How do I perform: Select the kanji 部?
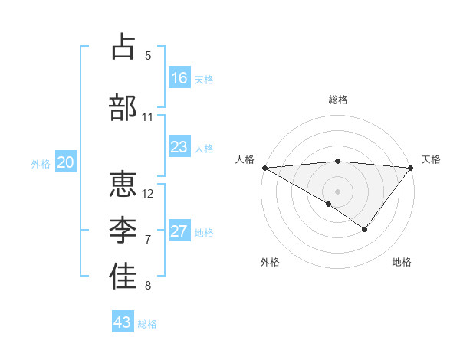pyautogui.click(x=123, y=108)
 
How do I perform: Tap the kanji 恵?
pyautogui.click(x=123, y=185)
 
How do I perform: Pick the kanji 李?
pyautogui.click(x=123, y=231)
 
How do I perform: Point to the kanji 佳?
pyautogui.click(x=123, y=277)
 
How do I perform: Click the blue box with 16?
pyautogui.click(x=179, y=78)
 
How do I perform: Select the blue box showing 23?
pyautogui.click(x=179, y=147)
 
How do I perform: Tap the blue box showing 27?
pyautogui.click(x=179, y=231)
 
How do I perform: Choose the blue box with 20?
pyautogui.click(x=66, y=162)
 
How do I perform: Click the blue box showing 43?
pyautogui.click(x=123, y=322)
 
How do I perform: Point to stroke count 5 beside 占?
pyautogui.click(x=148, y=55)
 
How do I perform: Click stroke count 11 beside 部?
pyautogui.click(x=148, y=117)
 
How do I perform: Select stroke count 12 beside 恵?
pyautogui.click(x=148, y=193)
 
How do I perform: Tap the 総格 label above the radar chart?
pyautogui.click(x=337, y=100)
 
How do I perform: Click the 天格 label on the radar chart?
pyautogui.click(x=432, y=159)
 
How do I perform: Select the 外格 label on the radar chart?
pyautogui.click(x=270, y=262)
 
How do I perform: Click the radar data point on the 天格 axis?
pyautogui.click(x=411, y=167)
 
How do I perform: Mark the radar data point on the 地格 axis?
pyautogui.click(x=365, y=229)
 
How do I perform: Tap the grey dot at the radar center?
pyautogui.click(x=337, y=191)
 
